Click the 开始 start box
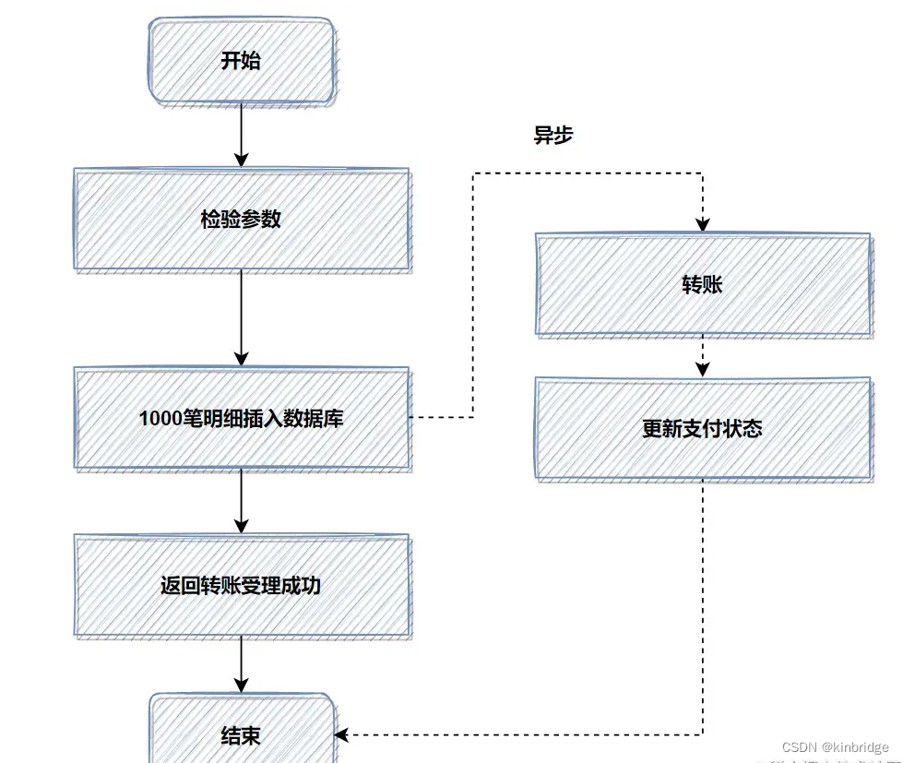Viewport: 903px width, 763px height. coord(242,61)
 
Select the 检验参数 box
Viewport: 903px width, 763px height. coord(242,220)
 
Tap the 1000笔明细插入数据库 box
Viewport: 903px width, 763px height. coord(242,418)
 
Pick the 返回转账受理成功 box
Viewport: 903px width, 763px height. coord(242,585)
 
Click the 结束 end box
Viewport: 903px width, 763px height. coord(242,735)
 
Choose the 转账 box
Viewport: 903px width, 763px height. coord(703,284)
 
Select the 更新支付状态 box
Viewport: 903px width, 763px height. coord(703,428)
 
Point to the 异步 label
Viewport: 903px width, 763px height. coord(553,136)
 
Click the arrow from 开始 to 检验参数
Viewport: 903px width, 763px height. coord(242,135)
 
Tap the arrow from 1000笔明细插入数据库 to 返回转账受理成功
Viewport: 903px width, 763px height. coord(242,500)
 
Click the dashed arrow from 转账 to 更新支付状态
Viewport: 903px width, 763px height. coord(703,355)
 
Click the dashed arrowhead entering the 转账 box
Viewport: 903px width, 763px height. coord(703,224)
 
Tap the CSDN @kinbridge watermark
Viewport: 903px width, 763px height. coord(835,747)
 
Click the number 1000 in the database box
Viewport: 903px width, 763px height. coord(157,418)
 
